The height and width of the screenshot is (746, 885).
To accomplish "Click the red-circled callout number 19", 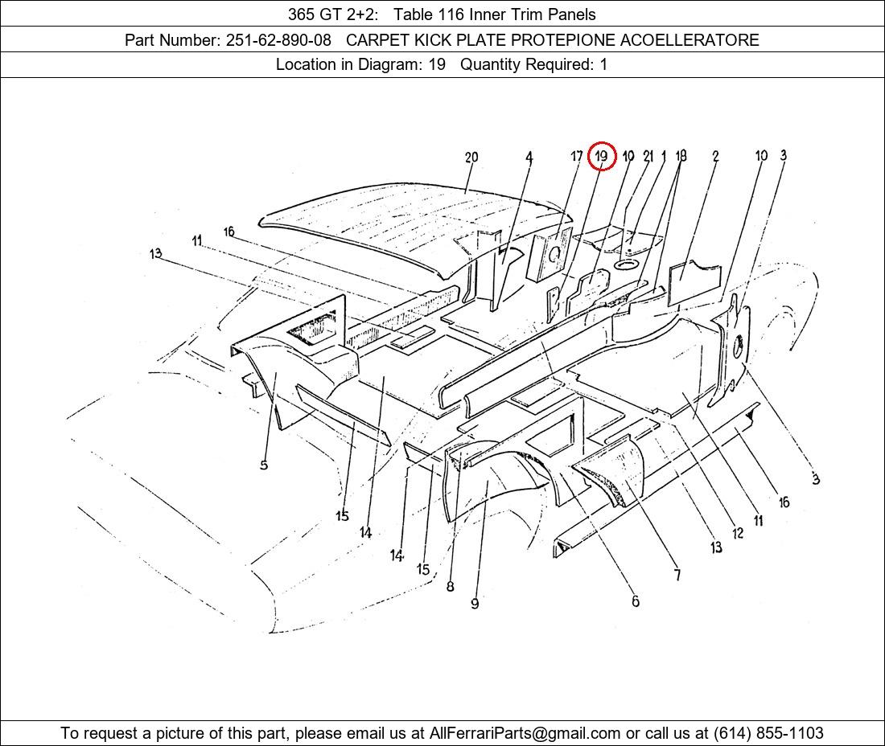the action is click(x=602, y=156).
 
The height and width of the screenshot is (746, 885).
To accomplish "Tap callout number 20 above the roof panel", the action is click(x=471, y=158).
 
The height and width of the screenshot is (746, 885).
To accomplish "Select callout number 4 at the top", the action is click(x=529, y=158).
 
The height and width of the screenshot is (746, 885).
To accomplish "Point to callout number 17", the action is click(x=576, y=156).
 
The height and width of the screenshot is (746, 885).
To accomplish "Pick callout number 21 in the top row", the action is click(x=648, y=156).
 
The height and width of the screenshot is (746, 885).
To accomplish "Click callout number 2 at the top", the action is click(x=715, y=156).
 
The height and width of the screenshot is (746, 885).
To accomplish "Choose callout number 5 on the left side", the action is click(x=264, y=465).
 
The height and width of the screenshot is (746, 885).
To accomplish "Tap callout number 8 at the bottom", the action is click(x=450, y=586).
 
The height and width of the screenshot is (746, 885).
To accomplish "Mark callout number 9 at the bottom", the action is click(x=475, y=604).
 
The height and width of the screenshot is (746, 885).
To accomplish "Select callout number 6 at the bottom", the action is click(x=636, y=601).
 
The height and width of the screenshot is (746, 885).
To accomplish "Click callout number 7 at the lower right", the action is click(x=677, y=575).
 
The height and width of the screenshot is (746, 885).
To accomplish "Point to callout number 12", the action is click(x=738, y=533).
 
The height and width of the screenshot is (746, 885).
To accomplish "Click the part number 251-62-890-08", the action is click(x=279, y=40).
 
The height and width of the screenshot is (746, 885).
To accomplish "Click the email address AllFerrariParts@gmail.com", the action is click(x=525, y=733).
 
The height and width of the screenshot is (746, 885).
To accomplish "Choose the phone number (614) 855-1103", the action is click(x=768, y=733).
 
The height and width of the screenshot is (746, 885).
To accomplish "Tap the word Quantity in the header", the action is click(x=490, y=65).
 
